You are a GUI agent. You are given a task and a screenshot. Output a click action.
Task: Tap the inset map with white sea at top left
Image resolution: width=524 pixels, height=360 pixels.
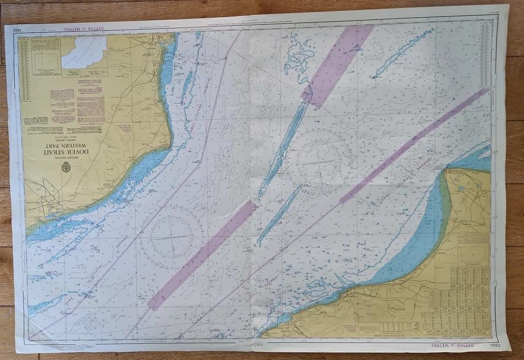pyautogui.click(x=84, y=52)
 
